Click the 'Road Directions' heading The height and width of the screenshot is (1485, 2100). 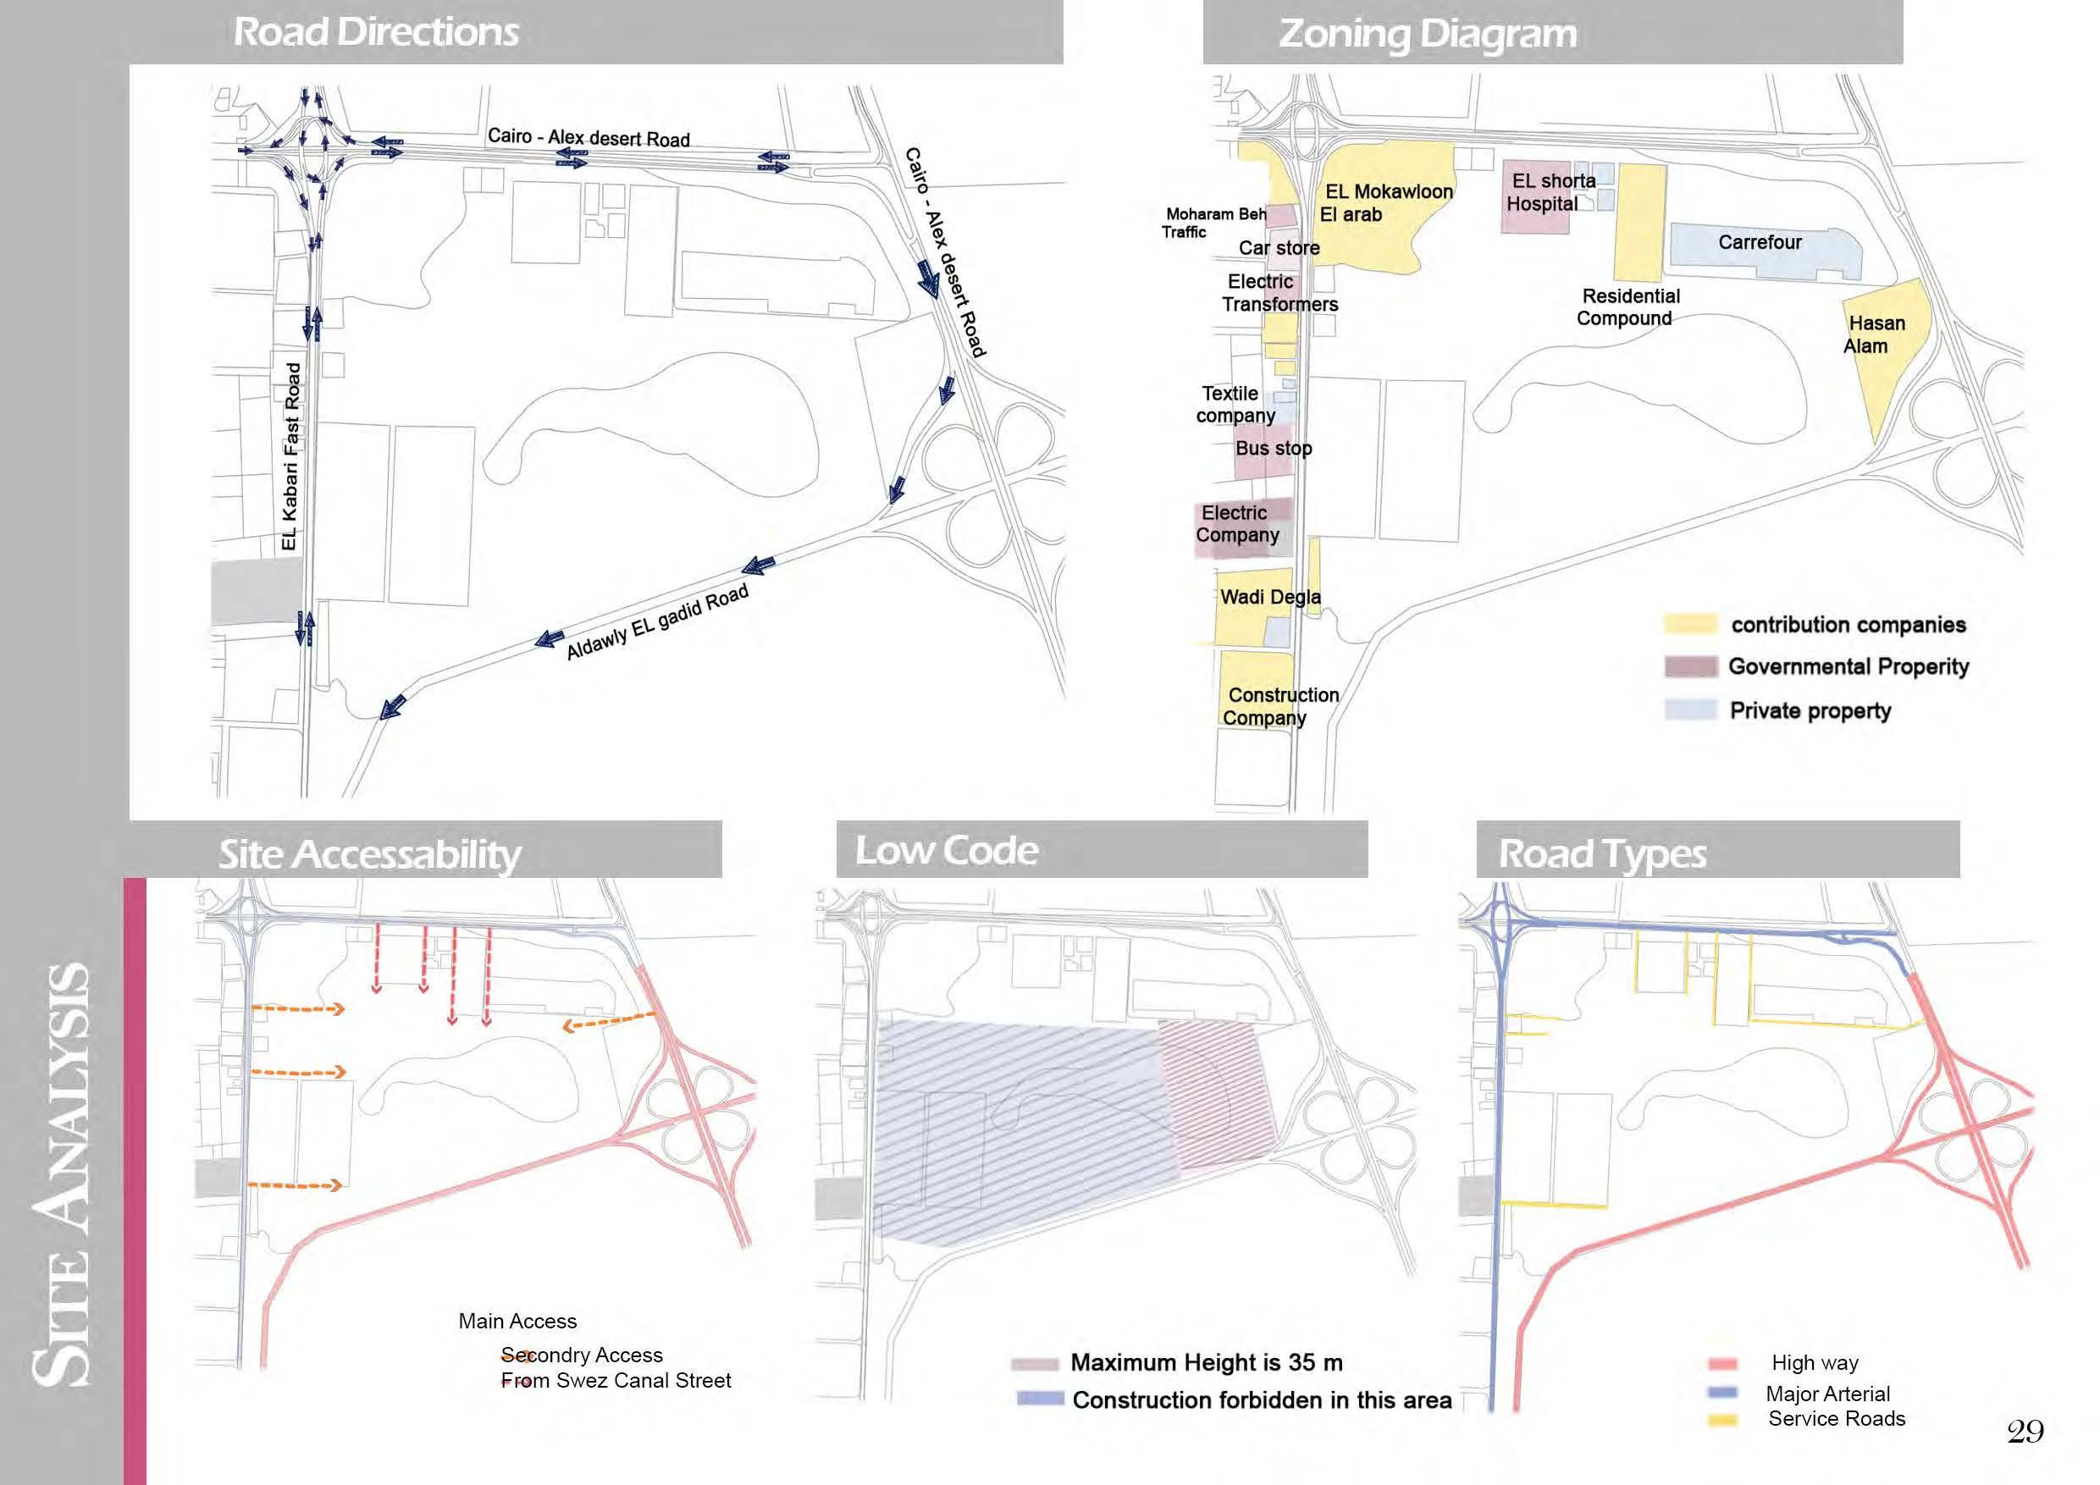pos(376,32)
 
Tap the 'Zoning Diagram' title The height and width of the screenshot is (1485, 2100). pos(1427,34)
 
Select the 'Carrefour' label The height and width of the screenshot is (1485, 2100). pos(1759,242)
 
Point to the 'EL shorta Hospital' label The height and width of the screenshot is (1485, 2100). pos(1550,192)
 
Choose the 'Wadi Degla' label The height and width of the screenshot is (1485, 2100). pos(1269,597)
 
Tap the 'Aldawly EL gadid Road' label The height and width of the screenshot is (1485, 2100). pos(657,621)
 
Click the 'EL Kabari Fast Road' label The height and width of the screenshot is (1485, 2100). pos(290,456)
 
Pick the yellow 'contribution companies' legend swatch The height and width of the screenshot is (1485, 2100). pos(1689,625)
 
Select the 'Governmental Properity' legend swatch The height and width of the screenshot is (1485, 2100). pos(1689,666)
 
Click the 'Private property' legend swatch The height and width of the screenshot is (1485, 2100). pos(1689,710)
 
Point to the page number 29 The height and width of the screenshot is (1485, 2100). pos(2025,1431)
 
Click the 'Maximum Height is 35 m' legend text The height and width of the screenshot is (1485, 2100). pos(1206,1362)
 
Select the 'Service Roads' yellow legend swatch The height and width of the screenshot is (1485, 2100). pos(1722,1420)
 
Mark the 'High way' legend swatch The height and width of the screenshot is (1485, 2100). pos(1722,1364)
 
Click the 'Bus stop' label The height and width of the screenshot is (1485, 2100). pos(1274,448)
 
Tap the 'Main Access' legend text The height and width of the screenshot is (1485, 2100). pos(517,1322)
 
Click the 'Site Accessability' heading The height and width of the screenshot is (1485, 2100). pos(369,855)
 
